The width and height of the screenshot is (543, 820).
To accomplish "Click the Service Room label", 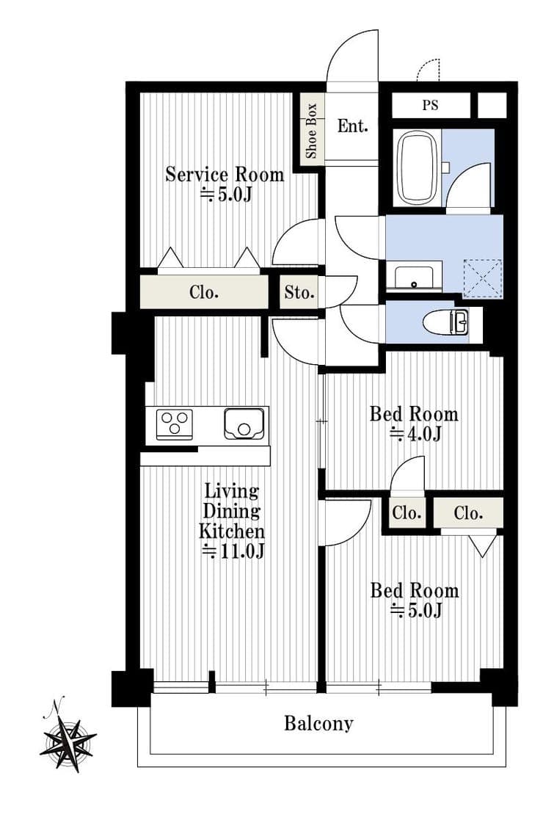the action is click(x=225, y=174).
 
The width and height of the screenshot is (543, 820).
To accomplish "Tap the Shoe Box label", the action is click(x=311, y=131).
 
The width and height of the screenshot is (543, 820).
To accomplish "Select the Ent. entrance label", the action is click(x=352, y=126).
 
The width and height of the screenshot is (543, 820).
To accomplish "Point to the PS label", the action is click(x=430, y=105).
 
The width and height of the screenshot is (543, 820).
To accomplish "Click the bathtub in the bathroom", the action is click(x=418, y=167).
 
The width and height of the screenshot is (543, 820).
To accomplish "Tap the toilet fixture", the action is click(x=448, y=322).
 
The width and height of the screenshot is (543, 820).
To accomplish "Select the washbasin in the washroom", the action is click(x=414, y=275).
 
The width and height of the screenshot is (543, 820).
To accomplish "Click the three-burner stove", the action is click(x=175, y=423).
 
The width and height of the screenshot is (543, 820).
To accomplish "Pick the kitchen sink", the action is click(x=244, y=423).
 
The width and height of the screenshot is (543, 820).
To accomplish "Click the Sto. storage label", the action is click(x=299, y=292).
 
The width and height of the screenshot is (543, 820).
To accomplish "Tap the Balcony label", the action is click(x=318, y=724).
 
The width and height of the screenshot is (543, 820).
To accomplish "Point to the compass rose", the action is click(x=68, y=737).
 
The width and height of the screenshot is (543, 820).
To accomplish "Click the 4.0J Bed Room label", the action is click(x=414, y=424).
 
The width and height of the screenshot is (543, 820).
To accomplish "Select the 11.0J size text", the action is click(x=233, y=551).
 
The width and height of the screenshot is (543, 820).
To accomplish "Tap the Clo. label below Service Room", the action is click(x=204, y=292).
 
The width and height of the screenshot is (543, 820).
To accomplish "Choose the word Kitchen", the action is click(x=232, y=531).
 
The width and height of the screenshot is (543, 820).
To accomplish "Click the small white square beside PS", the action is click(x=492, y=105).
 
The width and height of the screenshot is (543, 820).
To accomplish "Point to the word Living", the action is click(x=232, y=491).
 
